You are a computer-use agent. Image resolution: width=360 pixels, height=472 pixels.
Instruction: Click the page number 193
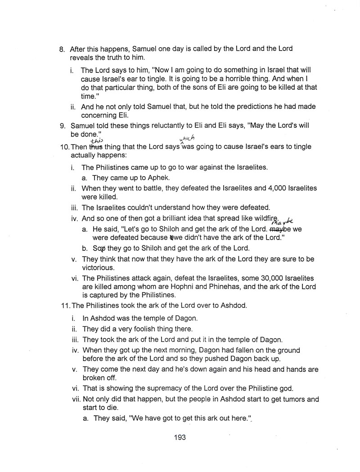[180, 436]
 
